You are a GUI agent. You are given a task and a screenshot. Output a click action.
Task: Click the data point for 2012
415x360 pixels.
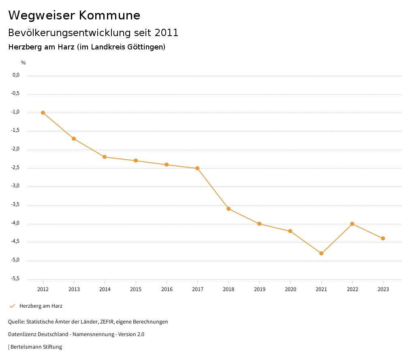tap(43, 113)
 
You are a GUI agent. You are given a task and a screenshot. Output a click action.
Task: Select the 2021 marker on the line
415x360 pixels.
tap(321, 253)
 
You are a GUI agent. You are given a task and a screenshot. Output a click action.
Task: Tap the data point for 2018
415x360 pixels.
tap(229, 209)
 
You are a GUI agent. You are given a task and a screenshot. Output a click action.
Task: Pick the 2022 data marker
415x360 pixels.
tap(352, 224)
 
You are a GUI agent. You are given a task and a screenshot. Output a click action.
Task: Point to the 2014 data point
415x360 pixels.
tap(105, 157)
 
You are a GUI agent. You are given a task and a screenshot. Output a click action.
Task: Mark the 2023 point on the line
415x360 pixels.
tap(383, 238)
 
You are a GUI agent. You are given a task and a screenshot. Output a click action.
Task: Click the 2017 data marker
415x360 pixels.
tap(197, 168)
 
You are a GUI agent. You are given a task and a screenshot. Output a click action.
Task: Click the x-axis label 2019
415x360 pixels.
tap(259, 289)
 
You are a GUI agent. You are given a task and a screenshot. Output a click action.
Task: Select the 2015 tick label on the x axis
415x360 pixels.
tap(136, 289)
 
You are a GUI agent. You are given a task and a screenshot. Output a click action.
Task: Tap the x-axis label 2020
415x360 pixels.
tap(290, 289)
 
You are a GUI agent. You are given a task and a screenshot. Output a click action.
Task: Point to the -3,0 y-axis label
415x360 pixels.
tap(15, 186)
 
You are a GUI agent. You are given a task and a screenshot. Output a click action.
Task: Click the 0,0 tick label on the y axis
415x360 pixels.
tap(16, 75)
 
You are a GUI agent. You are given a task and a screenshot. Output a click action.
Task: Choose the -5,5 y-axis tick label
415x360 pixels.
tap(15, 279)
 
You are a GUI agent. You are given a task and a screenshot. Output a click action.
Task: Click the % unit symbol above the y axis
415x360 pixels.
tap(24, 63)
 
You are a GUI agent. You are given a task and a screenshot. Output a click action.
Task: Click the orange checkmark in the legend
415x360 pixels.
tap(12, 306)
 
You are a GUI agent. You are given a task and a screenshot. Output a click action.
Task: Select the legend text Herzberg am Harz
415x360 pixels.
tap(41, 306)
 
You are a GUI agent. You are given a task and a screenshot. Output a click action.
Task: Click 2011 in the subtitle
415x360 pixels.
tap(167, 33)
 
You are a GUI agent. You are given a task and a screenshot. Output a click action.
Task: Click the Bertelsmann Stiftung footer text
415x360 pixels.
tap(36, 347)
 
